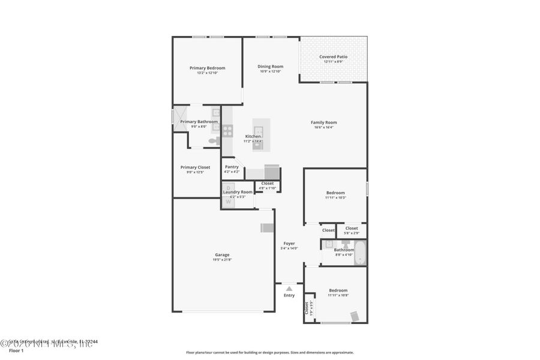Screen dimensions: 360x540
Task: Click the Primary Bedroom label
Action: click(x=208, y=68)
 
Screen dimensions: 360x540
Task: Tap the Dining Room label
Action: click(x=271, y=67)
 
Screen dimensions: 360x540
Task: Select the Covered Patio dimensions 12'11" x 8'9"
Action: click(x=333, y=62)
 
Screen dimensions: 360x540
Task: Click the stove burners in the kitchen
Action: click(x=227, y=130)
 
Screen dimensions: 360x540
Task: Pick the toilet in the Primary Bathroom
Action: click(x=214, y=141)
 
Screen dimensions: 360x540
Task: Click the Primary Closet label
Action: click(x=195, y=167)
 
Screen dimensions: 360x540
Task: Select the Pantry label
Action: click(x=232, y=167)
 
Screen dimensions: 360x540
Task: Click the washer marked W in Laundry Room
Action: click(x=229, y=202)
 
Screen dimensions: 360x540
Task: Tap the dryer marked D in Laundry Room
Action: click(x=229, y=188)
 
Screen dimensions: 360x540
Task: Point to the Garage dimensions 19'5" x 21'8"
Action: click(x=223, y=260)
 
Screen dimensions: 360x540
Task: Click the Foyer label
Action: click(x=289, y=243)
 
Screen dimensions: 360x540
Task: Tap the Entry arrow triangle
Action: click(x=289, y=289)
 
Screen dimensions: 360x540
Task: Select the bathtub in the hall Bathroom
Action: click(x=360, y=253)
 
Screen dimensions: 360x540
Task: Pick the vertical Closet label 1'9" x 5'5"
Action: click(x=308, y=308)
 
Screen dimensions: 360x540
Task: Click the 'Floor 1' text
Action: click(x=16, y=350)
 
